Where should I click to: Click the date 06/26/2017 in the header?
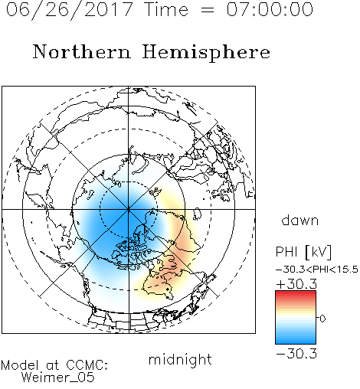pos(70,10)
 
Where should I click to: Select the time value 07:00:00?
pos(270,9)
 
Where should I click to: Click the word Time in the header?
pos(166,9)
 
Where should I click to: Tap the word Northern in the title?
pos(82,51)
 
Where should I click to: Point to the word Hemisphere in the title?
pos(206,53)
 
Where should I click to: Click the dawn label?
pos(300,220)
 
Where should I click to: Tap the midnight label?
pos(180,359)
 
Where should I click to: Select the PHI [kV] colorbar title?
pos(303,252)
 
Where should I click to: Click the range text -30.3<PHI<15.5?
pos(317,270)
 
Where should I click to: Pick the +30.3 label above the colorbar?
pos(296,284)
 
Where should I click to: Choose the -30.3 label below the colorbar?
pos(296,354)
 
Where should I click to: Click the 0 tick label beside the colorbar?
pos(322,319)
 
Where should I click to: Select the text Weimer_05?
pos(58,378)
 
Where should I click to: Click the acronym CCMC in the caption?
pos(85,365)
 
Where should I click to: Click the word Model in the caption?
pos(20,365)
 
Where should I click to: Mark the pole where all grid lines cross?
pos(129,209)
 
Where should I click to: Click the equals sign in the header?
pos(208,10)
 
